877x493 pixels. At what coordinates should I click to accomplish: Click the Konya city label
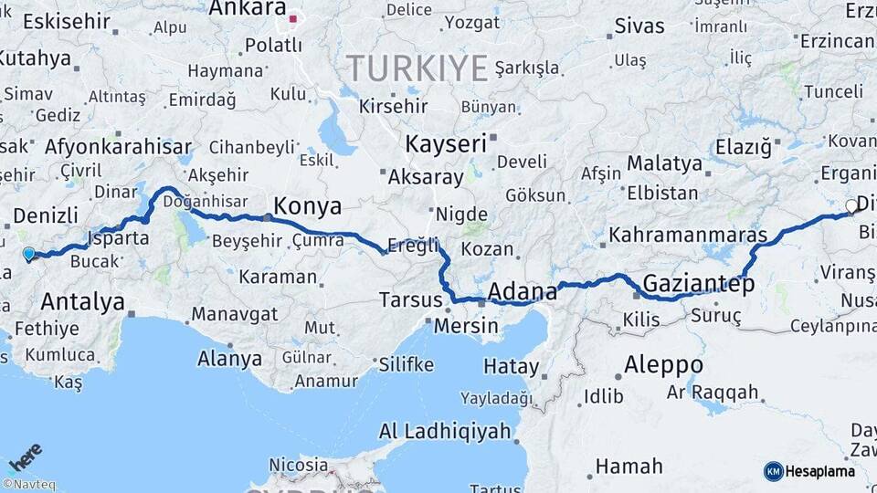(x=307, y=205)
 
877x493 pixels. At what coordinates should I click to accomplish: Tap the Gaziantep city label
(x=699, y=284)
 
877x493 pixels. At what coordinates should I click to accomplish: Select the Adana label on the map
(x=523, y=292)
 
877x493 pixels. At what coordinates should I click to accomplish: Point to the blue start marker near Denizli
(x=28, y=255)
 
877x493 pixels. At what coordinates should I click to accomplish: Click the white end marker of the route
(x=851, y=206)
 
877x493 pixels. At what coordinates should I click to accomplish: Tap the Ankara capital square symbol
(x=293, y=17)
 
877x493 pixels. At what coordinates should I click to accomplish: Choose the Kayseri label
(x=446, y=143)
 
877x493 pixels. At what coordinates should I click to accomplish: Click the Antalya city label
(x=83, y=301)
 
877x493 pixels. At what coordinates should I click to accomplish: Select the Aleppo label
(x=663, y=364)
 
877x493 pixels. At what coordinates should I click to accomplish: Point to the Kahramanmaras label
(x=688, y=235)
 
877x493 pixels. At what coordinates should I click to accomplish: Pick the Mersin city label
(x=466, y=326)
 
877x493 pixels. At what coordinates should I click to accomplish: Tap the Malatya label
(x=664, y=164)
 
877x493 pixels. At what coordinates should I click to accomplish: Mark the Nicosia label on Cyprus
(x=298, y=465)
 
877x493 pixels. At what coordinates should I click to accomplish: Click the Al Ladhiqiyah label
(x=444, y=431)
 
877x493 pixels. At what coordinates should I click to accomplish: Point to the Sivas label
(x=639, y=26)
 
